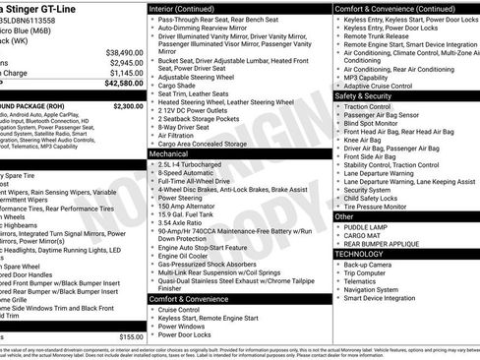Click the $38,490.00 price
click(x=124, y=52)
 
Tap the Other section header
click(x=345, y=215)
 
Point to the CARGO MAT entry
click(x=364, y=235)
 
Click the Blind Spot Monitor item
click(x=378, y=125)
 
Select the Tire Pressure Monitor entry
click(x=384, y=206)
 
